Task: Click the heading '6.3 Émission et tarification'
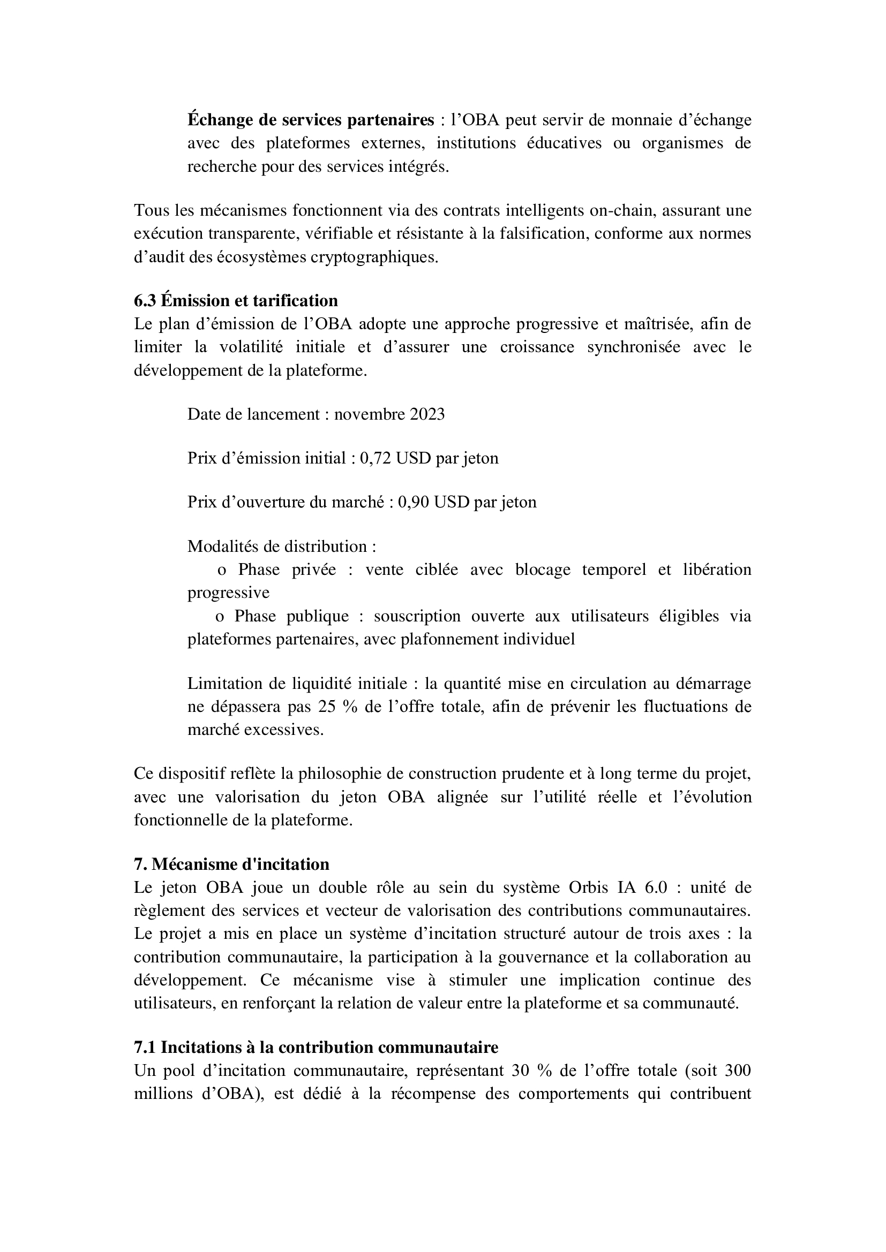tap(236, 300)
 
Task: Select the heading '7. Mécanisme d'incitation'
tap(231, 864)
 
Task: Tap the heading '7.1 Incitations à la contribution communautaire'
tap(316, 1048)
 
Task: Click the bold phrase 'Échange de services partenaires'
tap(311, 119)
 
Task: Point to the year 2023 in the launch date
tap(427, 414)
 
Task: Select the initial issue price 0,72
tap(376, 458)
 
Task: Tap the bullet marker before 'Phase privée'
tap(222, 571)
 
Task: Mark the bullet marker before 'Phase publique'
tap(220, 617)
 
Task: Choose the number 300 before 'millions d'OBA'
tap(738, 1071)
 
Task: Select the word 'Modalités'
tap(220, 547)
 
